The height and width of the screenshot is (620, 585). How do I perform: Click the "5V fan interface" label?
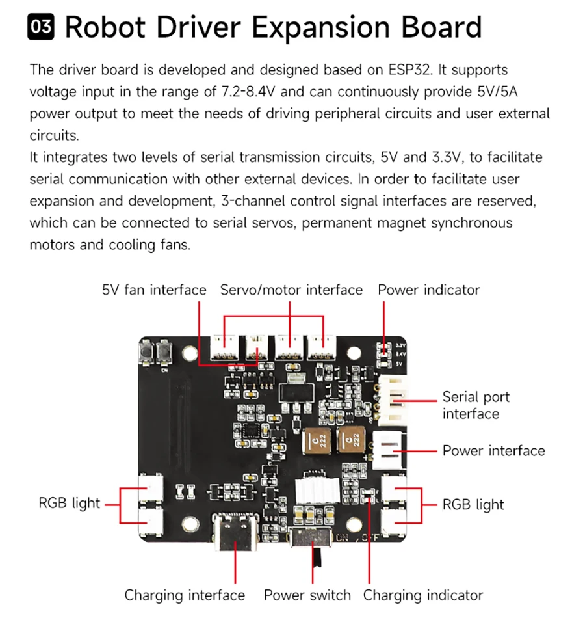pos(154,290)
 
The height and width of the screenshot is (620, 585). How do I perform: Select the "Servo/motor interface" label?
pos(291,290)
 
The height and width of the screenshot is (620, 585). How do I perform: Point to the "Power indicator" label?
pos(428,290)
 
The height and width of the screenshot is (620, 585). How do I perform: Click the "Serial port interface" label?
pos(475,405)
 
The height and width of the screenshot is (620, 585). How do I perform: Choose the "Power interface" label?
pos(493,451)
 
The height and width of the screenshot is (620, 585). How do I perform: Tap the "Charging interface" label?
pos(185,595)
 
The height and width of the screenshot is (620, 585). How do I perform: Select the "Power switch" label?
pos(307,595)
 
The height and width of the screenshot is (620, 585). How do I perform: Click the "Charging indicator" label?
pos(422,595)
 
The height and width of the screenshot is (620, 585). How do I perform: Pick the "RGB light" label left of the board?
pos(70,503)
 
